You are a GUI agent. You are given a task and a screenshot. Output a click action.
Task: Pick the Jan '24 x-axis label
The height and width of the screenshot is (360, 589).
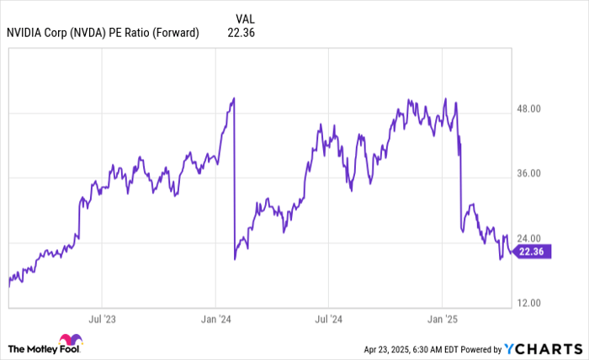(x=215, y=320)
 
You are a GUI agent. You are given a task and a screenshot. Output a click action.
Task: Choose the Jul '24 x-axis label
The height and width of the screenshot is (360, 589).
(x=329, y=320)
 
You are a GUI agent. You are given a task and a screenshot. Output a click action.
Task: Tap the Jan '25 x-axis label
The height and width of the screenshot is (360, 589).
(x=443, y=320)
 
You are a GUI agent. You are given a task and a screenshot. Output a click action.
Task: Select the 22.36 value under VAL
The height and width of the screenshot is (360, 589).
(x=241, y=33)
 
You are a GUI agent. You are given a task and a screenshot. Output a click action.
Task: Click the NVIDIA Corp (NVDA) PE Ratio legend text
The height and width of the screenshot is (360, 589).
(x=102, y=33)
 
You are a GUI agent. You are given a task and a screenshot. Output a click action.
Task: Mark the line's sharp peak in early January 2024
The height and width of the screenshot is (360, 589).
(x=233, y=98)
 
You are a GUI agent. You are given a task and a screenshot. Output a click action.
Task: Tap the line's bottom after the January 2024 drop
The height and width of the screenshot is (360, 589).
(x=235, y=258)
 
